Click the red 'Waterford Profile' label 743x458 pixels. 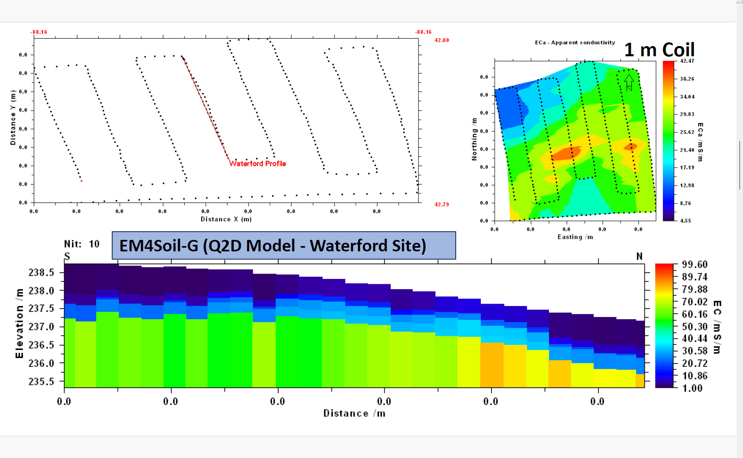(x=257, y=163)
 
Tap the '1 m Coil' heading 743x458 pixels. (x=659, y=50)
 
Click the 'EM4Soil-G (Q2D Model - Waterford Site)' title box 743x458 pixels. (x=284, y=246)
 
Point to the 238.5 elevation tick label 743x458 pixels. (x=41, y=273)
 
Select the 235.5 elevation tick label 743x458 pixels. (x=41, y=382)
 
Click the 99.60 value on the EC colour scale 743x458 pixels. (x=695, y=265)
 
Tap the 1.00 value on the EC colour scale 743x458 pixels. (x=692, y=388)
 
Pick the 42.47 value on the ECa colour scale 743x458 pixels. (x=687, y=61)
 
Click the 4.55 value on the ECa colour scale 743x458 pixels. (x=685, y=221)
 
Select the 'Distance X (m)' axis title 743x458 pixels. (x=226, y=219)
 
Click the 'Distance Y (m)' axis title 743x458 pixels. (x=13, y=117)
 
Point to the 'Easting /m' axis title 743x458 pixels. (x=575, y=237)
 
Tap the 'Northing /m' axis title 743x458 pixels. (x=474, y=139)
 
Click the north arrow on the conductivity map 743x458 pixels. (x=629, y=82)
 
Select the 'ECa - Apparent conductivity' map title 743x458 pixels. (x=575, y=43)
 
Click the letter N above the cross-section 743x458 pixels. (x=639, y=257)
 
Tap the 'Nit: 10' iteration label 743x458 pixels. (x=82, y=244)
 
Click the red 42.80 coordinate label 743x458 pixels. (x=442, y=40)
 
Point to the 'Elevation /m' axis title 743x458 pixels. (x=19, y=323)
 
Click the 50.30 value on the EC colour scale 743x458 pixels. (x=695, y=327)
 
